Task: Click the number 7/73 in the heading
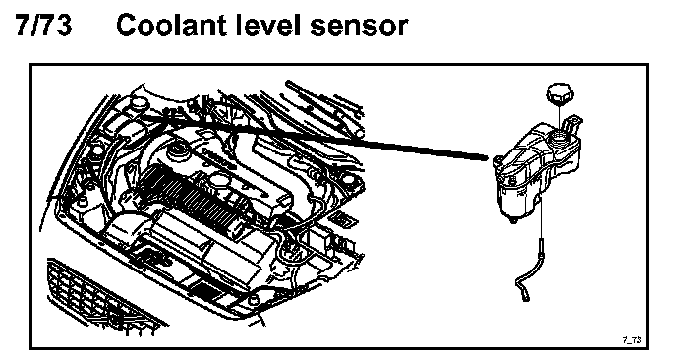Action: pos(43,25)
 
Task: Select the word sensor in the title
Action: pos(358,28)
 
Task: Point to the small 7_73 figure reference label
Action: pos(631,339)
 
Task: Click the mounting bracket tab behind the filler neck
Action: pos(575,123)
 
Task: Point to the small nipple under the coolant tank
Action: pos(511,219)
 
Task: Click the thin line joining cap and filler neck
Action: pos(559,116)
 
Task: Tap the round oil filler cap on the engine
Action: pos(178,152)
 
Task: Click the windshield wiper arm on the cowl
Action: pos(324,105)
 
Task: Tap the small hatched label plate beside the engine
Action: pos(341,218)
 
